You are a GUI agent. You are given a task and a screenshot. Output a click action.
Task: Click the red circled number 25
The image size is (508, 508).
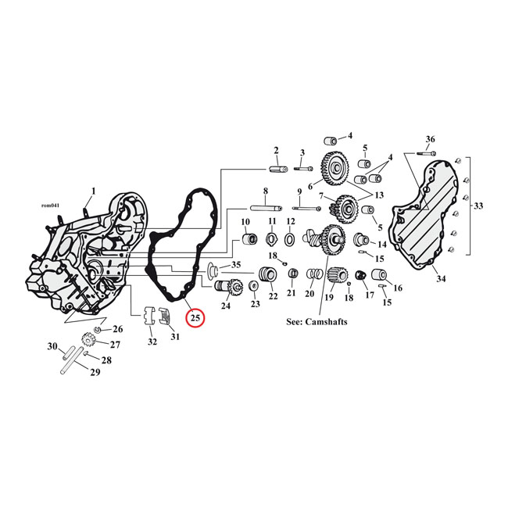[x=195, y=319]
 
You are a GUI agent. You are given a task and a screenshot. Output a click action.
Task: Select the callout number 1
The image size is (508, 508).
[x=93, y=191]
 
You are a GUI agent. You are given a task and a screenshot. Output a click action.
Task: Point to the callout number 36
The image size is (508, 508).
[x=430, y=139]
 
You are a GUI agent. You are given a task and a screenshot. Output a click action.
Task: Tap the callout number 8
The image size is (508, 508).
[x=265, y=191]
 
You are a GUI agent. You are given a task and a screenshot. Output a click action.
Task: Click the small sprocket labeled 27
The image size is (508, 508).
[x=88, y=342]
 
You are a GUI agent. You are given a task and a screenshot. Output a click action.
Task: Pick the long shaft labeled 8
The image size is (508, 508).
[x=266, y=208]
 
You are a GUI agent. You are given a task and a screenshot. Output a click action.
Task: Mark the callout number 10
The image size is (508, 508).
[x=245, y=222]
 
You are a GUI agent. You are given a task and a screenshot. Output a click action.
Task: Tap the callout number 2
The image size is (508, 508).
[x=276, y=150]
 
